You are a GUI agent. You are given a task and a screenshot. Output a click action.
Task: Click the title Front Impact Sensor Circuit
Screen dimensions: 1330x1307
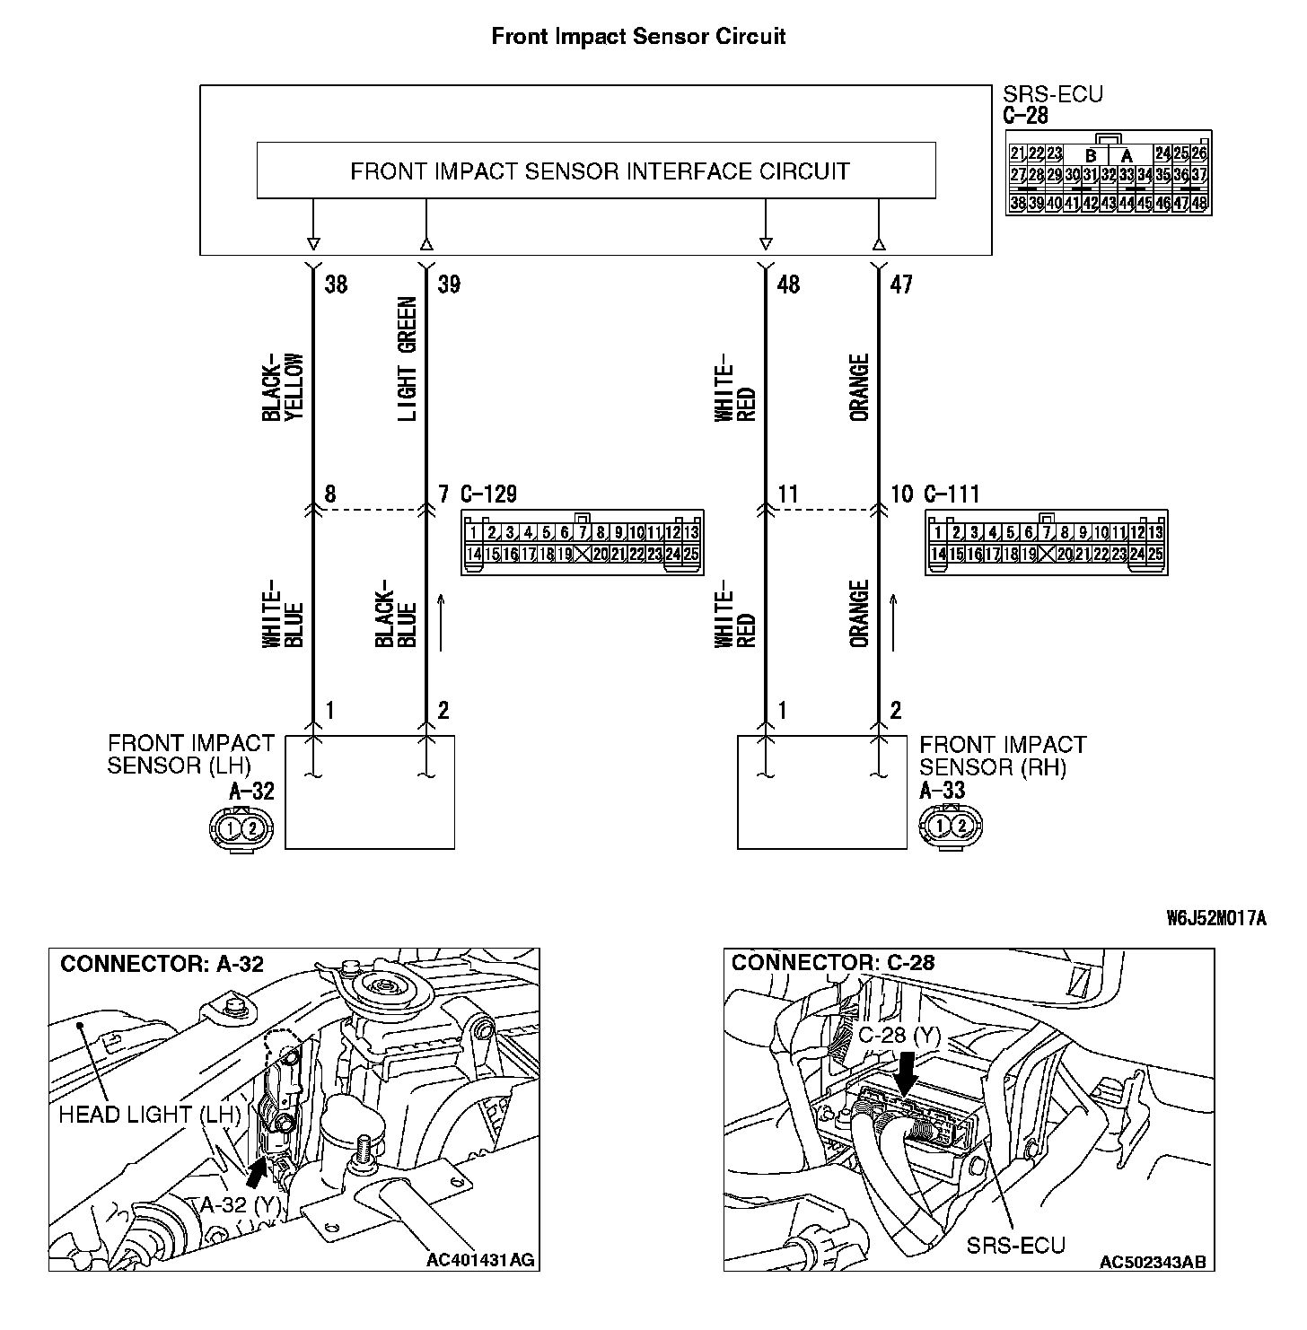[638, 37]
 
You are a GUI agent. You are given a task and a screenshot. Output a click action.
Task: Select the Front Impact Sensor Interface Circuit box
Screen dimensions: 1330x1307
[596, 171]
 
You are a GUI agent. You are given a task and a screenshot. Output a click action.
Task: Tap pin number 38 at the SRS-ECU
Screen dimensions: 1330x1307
[336, 284]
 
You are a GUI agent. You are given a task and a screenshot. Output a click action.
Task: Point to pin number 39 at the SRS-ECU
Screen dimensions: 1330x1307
[449, 284]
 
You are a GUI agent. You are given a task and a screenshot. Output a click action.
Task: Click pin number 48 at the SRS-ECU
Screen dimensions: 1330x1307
[788, 284]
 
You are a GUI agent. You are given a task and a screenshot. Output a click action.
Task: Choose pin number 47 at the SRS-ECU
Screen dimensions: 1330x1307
[900, 284]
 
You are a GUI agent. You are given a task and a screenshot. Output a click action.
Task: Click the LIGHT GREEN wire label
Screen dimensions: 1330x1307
[407, 359]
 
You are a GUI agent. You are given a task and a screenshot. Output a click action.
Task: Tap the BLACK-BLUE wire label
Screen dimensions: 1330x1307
[396, 614]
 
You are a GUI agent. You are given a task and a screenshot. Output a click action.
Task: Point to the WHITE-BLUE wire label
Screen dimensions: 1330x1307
[284, 614]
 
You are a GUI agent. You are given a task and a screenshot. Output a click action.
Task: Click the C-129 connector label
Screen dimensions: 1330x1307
[488, 494]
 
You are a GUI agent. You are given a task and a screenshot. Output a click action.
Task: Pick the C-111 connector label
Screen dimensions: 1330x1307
[952, 494]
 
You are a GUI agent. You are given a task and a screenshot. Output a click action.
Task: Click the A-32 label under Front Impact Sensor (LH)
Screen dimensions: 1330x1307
[251, 791]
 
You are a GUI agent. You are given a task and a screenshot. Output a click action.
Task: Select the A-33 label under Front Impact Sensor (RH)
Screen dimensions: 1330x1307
[943, 791]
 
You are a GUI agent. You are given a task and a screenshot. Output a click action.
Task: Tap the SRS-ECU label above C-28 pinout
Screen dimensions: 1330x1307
[1052, 94]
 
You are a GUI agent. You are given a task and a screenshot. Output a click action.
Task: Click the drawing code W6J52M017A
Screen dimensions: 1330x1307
[1216, 918]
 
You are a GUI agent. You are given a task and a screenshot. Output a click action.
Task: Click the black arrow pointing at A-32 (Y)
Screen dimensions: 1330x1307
[257, 1170]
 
